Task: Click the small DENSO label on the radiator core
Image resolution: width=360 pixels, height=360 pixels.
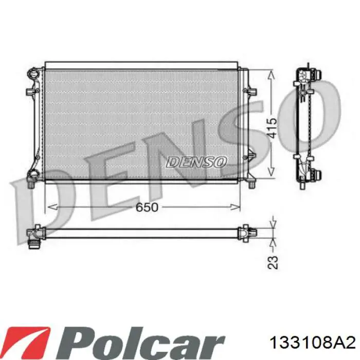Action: (196, 162)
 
